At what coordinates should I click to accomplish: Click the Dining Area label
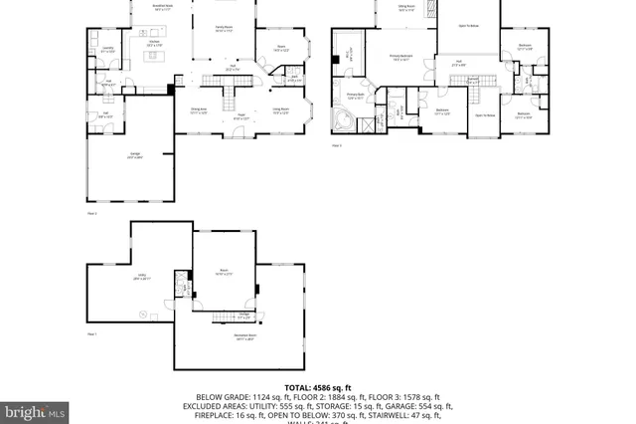199,109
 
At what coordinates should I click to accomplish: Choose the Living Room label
281,109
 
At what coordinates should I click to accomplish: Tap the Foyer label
241,118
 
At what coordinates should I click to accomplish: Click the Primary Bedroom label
401,58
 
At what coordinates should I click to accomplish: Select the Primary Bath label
355,98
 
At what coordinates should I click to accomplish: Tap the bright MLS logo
35,410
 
